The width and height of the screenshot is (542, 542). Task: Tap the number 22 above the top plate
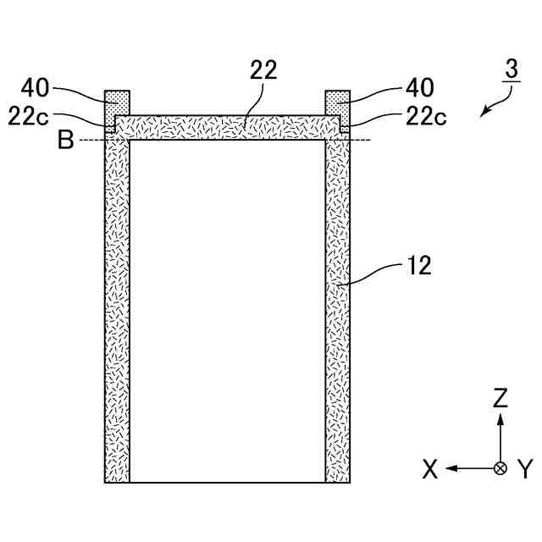point(263,70)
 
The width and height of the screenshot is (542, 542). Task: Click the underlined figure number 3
point(510,69)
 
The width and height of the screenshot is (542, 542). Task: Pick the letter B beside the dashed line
point(65,141)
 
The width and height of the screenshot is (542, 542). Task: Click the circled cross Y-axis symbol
point(501,467)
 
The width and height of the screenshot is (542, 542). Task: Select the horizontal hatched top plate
point(227,127)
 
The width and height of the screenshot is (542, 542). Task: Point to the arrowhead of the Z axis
point(501,418)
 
